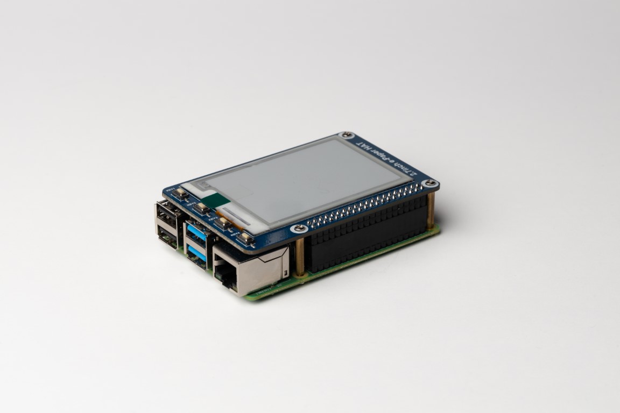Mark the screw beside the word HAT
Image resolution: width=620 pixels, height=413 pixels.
(347, 134)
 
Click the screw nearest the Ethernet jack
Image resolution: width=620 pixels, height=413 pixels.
(299, 229)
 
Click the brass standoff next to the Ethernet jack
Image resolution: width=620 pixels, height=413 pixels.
(300, 257)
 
